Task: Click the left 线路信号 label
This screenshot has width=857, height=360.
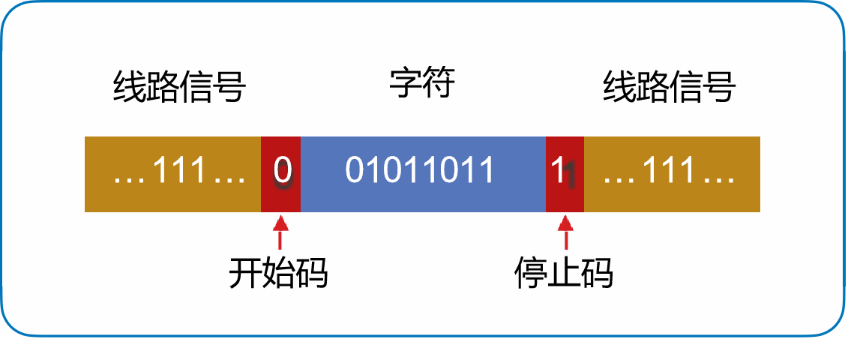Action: pos(179,88)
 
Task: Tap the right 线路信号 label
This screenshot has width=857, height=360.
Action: pos(669,88)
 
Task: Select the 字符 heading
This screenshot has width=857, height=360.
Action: pos(421,84)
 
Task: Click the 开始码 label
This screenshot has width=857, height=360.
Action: pos(278,274)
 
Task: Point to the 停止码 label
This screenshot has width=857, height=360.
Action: pos(563,274)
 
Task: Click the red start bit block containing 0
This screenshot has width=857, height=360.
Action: pos(280,173)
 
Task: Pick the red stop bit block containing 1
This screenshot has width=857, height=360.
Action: pos(565,173)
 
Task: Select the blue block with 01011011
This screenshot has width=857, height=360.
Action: pos(422,173)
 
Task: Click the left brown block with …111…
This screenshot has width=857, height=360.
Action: pos(172,173)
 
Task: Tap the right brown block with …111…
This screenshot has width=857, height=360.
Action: pos(672,173)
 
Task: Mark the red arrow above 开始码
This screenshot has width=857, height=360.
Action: pos(280,231)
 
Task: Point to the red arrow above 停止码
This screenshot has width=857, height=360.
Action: pos(565,231)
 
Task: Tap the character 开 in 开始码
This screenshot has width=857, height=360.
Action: pos(245,274)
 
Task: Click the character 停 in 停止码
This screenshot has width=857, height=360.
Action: pos(530,274)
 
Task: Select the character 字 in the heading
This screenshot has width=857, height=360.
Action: pos(405,84)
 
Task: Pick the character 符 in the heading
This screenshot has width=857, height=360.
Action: pos(439,84)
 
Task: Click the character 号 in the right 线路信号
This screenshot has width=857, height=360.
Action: pos(719,88)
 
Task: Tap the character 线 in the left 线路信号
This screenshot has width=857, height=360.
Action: pos(129,88)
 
